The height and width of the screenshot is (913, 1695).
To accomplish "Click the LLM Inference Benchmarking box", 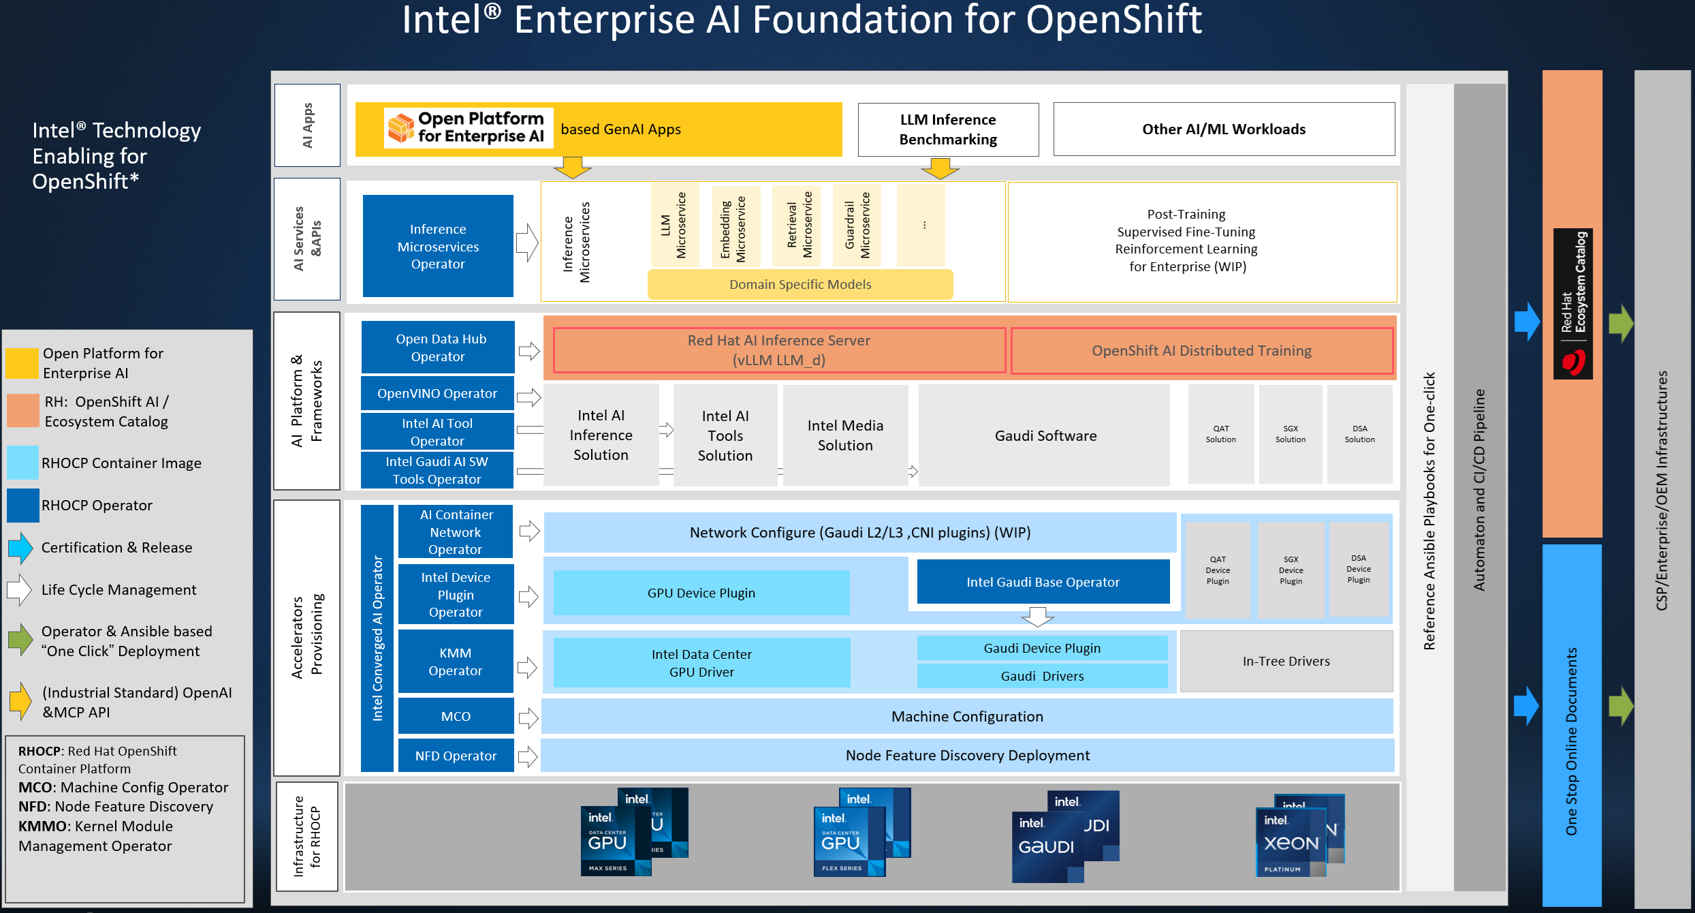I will (x=948, y=129).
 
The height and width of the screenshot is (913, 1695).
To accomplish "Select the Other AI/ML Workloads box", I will (x=1224, y=129).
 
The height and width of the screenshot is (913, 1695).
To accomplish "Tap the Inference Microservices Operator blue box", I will (x=438, y=246).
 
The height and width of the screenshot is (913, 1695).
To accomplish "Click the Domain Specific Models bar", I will (x=800, y=284).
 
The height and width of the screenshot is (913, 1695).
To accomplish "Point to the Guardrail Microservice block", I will (x=857, y=225).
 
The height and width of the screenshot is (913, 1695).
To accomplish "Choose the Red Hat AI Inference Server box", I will (x=779, y=350).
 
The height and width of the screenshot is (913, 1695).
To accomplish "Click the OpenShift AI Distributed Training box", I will (x=1201, y=351).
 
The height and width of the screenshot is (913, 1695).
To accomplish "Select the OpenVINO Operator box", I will (x=437, y=393).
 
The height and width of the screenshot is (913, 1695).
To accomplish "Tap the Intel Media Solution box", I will (x=845, y=435).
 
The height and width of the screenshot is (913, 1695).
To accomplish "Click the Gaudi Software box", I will (x=1045, y=435).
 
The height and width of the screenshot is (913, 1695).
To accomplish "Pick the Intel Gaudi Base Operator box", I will (x=1043, y=582).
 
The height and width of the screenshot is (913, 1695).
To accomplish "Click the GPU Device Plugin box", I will (x=701, y=593).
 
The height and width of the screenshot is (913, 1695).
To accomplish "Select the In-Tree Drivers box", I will (x=1286, y=661).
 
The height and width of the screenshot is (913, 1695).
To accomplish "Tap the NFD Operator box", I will (x=456, y=756).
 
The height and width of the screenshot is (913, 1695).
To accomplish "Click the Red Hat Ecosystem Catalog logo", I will (x=1572, y=304).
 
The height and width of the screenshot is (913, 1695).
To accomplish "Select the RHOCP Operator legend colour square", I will (x=23, y=505).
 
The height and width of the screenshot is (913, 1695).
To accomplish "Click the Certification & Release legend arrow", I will (x=21, y=548).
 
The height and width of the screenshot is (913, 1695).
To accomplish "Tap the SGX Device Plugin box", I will (x=1290, y=570).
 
